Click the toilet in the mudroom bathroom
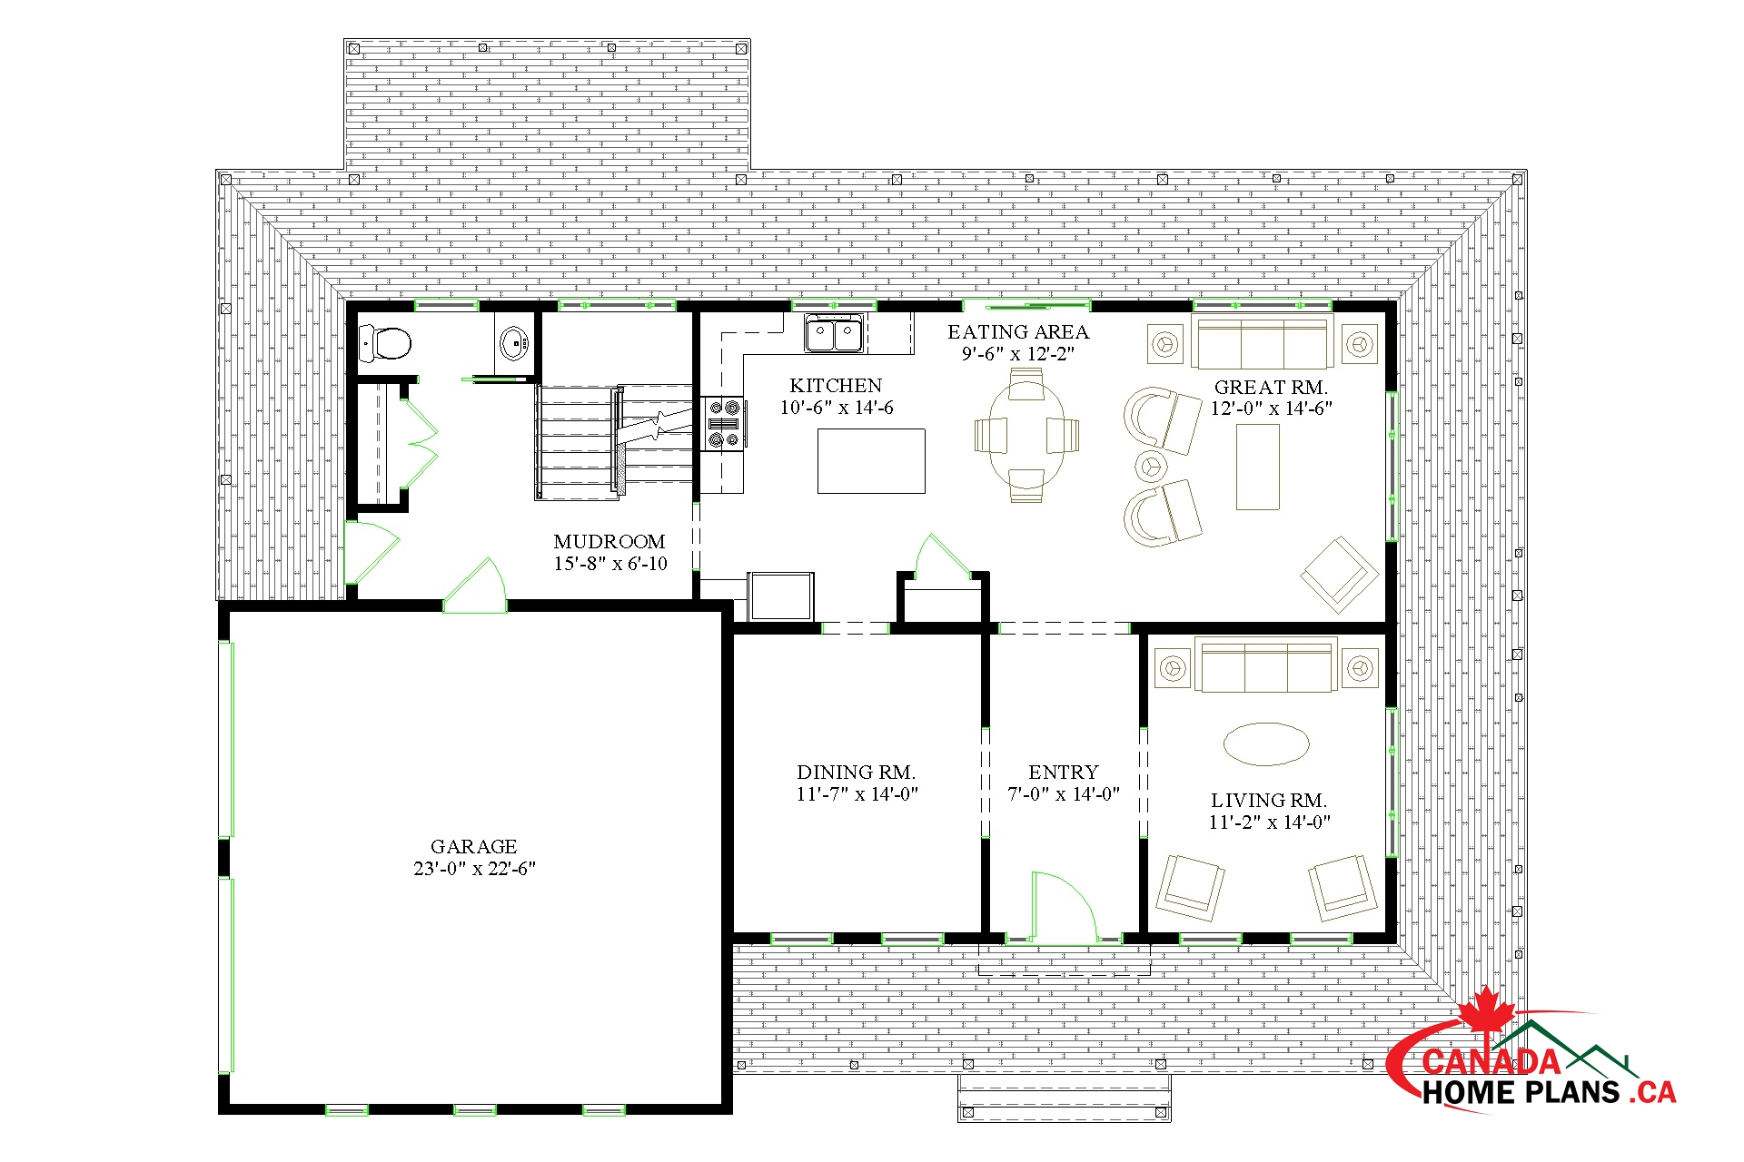click(385, 343)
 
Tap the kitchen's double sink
click(833, 333)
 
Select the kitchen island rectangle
click(871, 461)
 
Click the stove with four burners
click(724, 423)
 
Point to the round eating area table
click(1026, 435)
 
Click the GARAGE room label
click(473, 846)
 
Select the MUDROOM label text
click(609, 541)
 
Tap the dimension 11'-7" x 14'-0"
click(857, 794)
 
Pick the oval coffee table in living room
click(1266, 744)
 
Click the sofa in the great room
click(1263, 343)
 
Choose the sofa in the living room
click(1266, 666)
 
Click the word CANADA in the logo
click(1491, 1061)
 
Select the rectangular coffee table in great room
click(1258, 467)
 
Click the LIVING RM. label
click(1269, 801)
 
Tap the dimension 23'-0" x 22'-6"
click(474, 869)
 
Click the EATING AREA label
click(1018, 332)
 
